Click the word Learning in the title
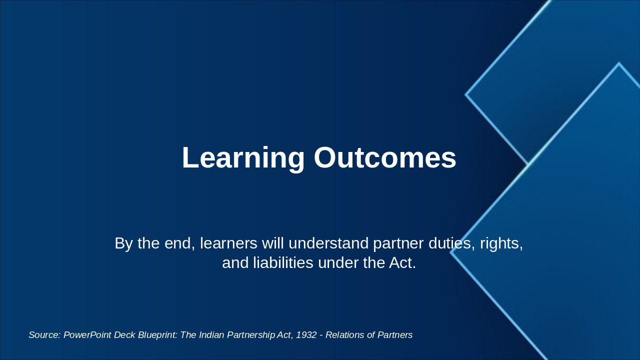pyautogui.click(x=243, y=158)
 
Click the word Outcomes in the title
pyautogui.click(x=384, y=158)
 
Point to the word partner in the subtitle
pyautogui.click(x=398, y=243)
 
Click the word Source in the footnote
pyautogui.click(x=44, y=335)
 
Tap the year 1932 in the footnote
pyautogui.click(x=306, y=335)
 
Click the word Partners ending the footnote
pyautogui.click(x=393, y=335)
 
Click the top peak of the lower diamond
pyautogui.click(x=618, y=63)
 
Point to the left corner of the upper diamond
pyautogui.click(x=466, y=94)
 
